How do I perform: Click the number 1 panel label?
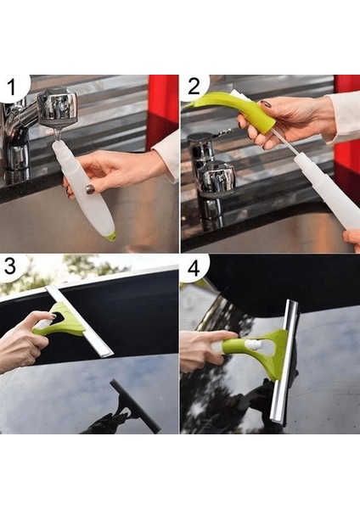12,87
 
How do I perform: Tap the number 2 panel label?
194,87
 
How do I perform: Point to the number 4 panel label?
194,268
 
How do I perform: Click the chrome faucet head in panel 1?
58,108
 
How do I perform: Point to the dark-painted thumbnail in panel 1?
90,189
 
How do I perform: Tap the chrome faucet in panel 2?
211,176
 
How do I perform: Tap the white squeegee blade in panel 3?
79,321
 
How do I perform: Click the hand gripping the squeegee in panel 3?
24,341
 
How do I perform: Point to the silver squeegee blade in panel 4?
284,361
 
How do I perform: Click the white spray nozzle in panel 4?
250,345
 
